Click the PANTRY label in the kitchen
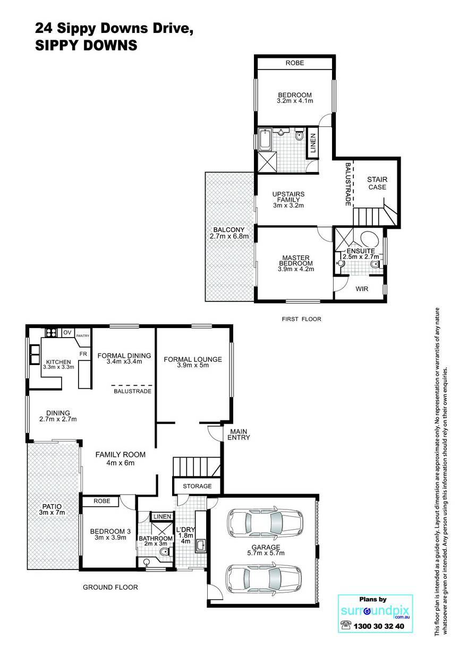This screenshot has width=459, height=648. [x=82, y=335]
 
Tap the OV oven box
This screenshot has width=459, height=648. [x=67, y=332]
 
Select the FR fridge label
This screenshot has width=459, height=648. [x=83, y=354]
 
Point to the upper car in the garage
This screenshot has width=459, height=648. [x=266, y=523]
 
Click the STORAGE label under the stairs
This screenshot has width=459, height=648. [x=197, y=486]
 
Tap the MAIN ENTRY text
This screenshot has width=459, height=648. [x=239, y=434]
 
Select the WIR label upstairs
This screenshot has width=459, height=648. [x=362, y=289]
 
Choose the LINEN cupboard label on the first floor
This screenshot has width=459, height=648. [x=313, y=143]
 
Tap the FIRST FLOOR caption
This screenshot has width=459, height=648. [x=301, y=319]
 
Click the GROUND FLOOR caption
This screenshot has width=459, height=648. [x=110, y=587]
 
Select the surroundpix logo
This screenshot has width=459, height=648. [x=375, y=611]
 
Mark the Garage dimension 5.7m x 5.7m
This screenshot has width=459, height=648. [x=266, y=553]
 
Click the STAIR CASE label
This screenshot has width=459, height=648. [x=377, y=183]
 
